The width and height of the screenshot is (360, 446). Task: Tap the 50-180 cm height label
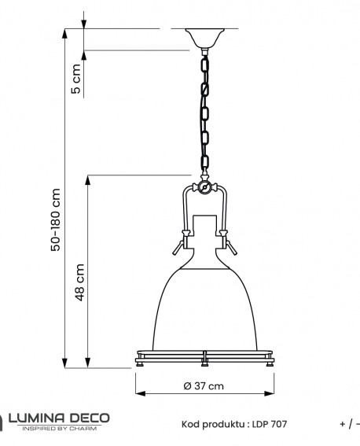coord(55,220)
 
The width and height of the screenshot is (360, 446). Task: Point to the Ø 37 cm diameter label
coord(204,386)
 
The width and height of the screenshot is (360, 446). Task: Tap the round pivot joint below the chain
coord(204,189)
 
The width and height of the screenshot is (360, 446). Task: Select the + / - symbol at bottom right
coord(349,424)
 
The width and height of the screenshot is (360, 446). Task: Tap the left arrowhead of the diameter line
coord(139,395)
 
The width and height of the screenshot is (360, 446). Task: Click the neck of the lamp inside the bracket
coord(204,228)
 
